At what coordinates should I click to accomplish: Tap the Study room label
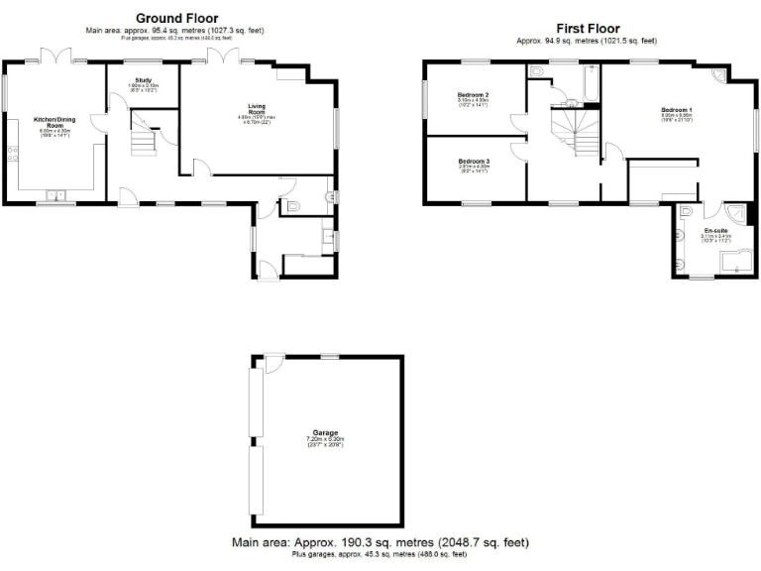(143, 78)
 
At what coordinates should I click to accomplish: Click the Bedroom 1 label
(677, 109)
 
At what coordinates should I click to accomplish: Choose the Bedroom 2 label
(474, 95)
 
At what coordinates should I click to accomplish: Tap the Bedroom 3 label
(474, 161)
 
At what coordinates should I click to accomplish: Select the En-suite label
(715, 229)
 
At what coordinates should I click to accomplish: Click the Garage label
(326, 433)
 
